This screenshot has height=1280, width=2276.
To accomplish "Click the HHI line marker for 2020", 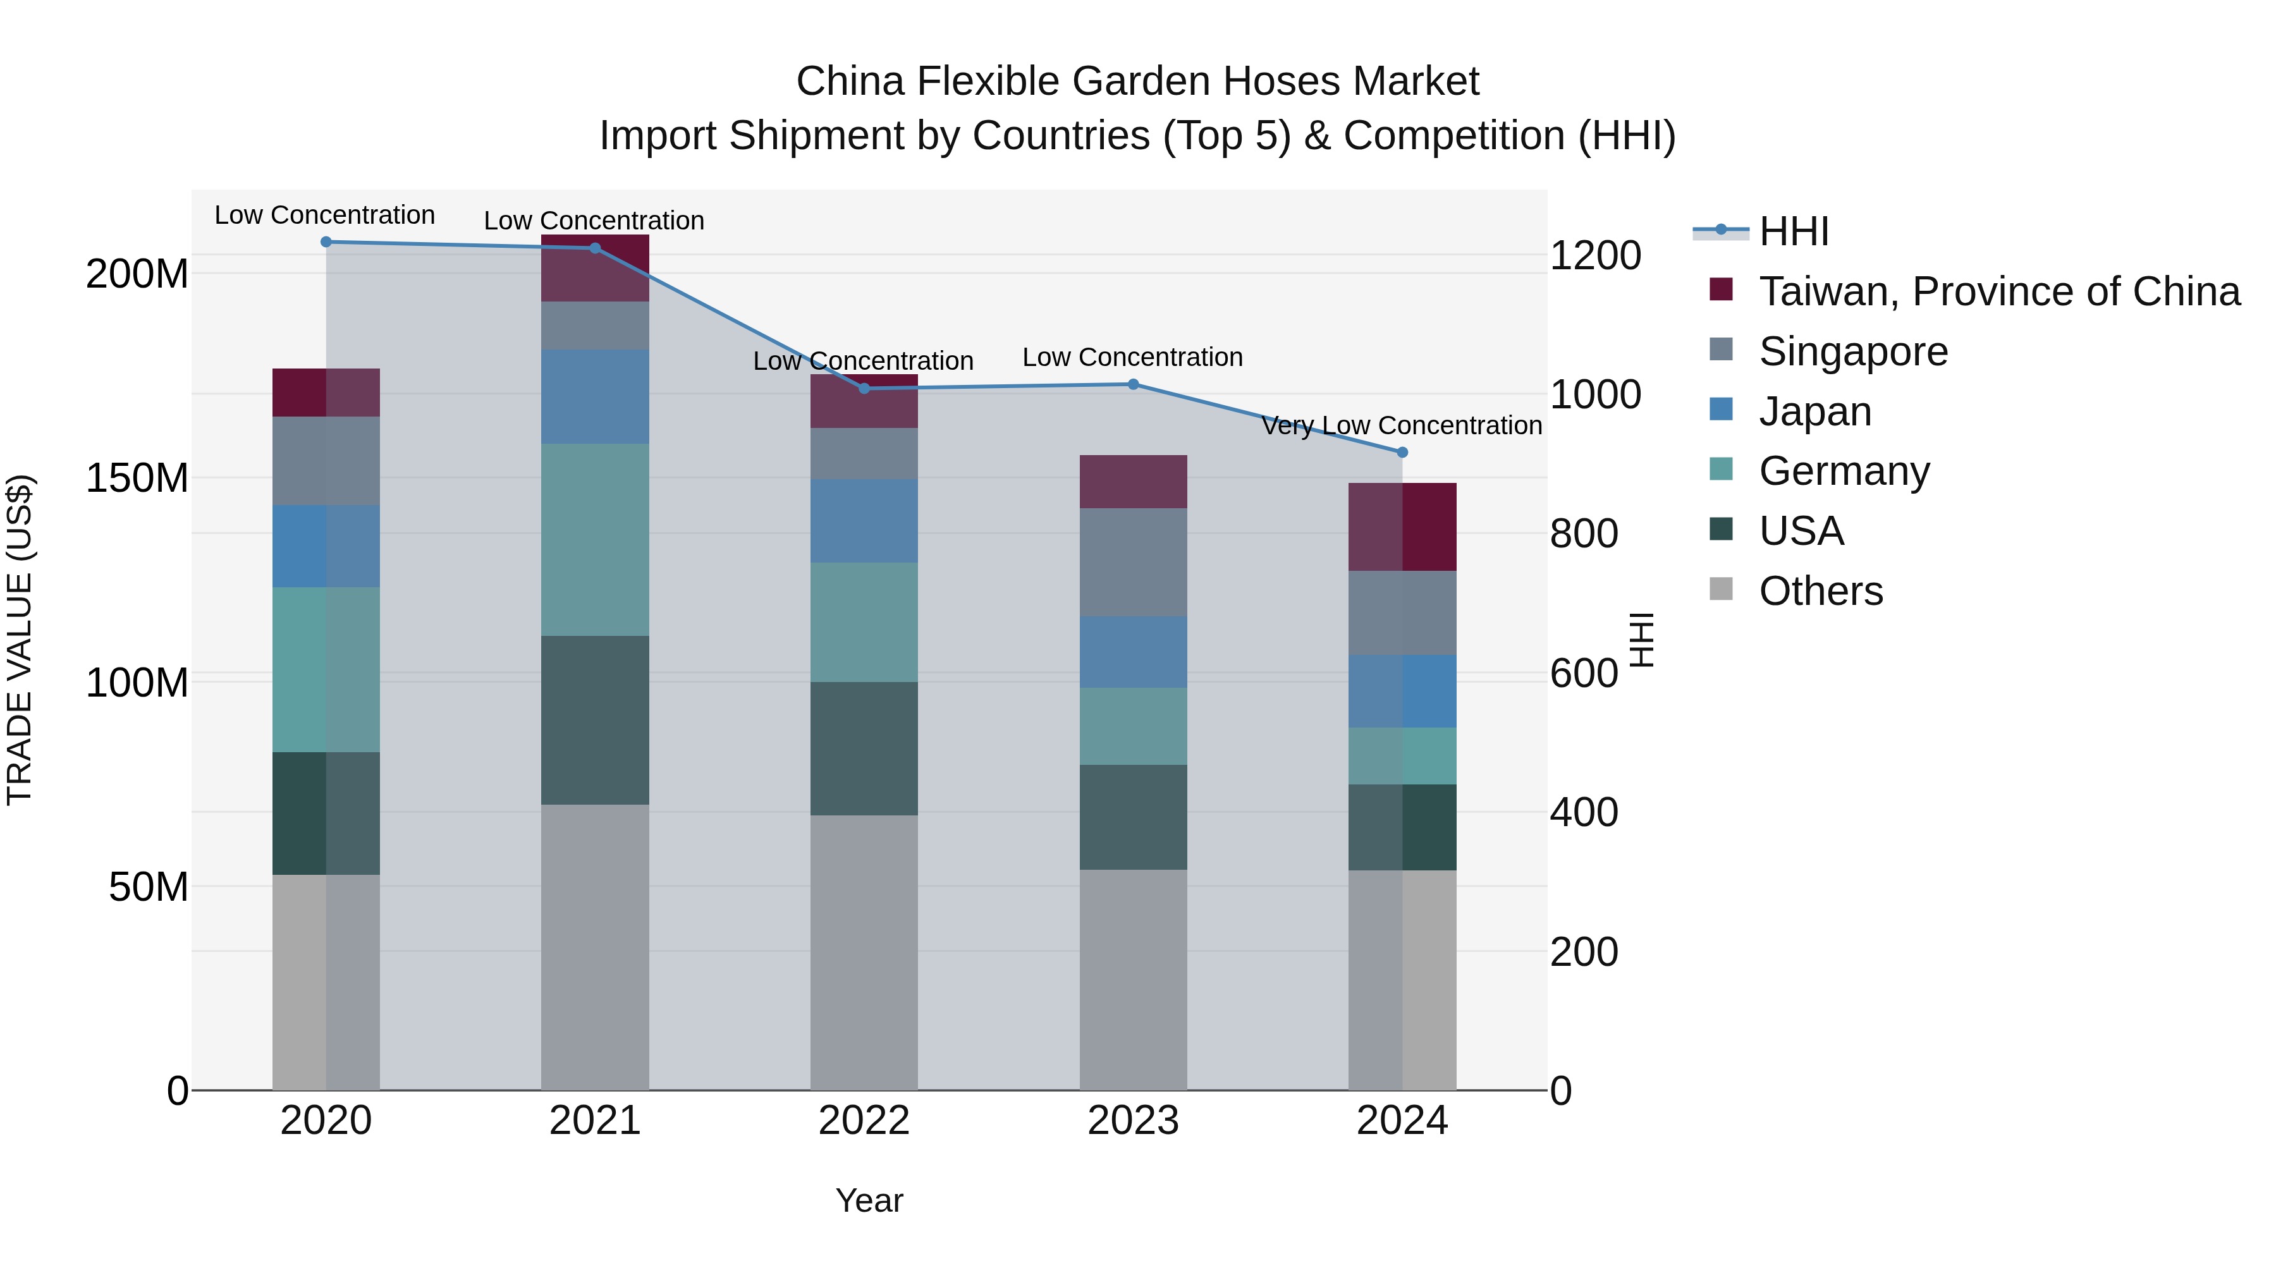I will [x=326, y=242].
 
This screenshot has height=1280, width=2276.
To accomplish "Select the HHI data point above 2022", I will [x=864, y=389].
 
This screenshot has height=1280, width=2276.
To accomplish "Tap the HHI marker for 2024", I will [x=1402, y=453].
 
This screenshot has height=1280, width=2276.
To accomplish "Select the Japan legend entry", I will [x=1814, y=411].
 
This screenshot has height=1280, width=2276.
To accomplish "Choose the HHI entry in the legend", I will [x=1793, y=231].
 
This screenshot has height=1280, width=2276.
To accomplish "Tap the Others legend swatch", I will [x=1721, y=589].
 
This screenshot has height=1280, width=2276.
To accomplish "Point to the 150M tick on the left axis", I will [x=137, y=478].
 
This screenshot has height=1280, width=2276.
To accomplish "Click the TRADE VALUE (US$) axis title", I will [x=20, y=640].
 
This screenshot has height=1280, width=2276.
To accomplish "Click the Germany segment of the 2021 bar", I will [x=595, y=540].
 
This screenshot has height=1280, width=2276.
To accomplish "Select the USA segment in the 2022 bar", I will [x=864, y=748].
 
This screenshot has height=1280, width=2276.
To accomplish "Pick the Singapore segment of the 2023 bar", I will [x=1133, y=562].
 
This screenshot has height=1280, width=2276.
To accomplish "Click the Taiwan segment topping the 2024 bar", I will [x=1402, y=527].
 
